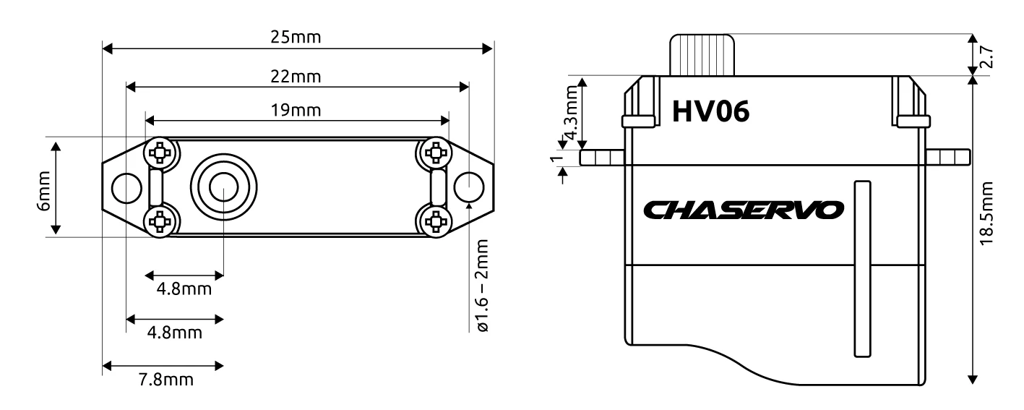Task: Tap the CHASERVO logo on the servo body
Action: pyautogui.click(x=742, y=210)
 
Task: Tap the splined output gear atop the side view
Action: pyautogui.click(x=702, y=55)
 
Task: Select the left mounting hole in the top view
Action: pyautogui.click(x=126, y=188)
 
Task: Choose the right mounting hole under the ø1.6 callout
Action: pyautogui.click(x=468, y=187)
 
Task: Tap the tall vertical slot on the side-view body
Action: pyautogui.click(x=860, y=268)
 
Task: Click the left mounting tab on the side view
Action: pyautogui.click(x=602, y=157)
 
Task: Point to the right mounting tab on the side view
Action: pyautogui.click(x=947, y=157)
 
